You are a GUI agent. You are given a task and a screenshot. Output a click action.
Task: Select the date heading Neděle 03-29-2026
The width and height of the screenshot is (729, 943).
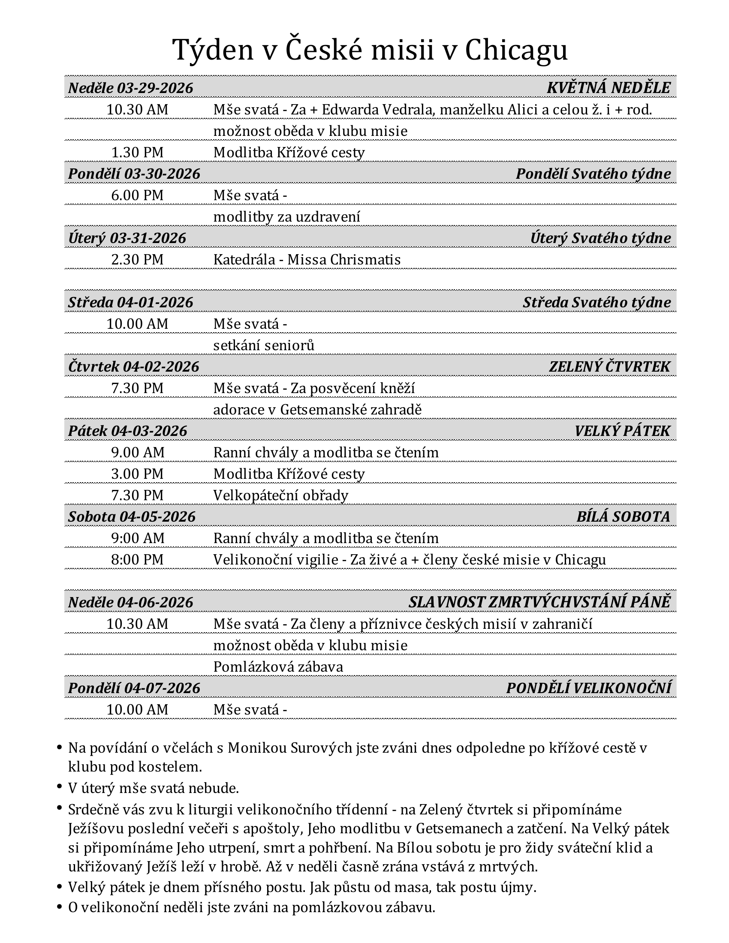(130, 88)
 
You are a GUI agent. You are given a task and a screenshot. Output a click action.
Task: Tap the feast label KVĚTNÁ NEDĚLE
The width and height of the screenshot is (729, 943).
(608, 88)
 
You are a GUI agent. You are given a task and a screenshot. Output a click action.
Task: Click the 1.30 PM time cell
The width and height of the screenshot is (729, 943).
(137, 153)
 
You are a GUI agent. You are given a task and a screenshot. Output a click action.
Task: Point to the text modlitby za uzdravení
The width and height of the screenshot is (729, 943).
(286, 217)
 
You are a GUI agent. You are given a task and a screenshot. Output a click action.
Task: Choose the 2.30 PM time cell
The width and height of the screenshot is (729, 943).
(137, 259)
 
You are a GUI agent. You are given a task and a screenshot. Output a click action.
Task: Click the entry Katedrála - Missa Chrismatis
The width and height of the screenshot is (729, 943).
(307, 259)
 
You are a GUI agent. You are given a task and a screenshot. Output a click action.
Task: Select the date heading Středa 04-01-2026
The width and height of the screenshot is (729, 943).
(130, 302)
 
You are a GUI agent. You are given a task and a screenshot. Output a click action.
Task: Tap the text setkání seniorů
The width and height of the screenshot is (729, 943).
(263, 345)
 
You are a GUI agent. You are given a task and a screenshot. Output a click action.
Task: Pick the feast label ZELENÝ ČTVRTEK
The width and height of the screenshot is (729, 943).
(609, 366)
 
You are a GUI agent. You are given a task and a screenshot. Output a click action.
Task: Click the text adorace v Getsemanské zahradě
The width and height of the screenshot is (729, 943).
(317, 409)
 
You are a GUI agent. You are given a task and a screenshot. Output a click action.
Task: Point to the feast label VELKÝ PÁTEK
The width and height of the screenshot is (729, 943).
(622, 431)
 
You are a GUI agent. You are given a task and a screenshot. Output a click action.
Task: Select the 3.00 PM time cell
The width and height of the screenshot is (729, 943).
(137, 474)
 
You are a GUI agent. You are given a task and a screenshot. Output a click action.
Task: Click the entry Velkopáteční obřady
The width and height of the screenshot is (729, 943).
(281, 495)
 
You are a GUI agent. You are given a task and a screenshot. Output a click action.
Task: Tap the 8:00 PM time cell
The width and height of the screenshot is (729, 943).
(137, 559)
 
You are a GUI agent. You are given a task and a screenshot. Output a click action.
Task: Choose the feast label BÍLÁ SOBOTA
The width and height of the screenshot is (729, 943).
(623, 517)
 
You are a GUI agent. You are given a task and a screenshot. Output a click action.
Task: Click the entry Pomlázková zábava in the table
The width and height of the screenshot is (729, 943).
(278, 667)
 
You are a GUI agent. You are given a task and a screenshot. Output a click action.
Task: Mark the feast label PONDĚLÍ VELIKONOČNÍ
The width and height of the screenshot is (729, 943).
(589, 688)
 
